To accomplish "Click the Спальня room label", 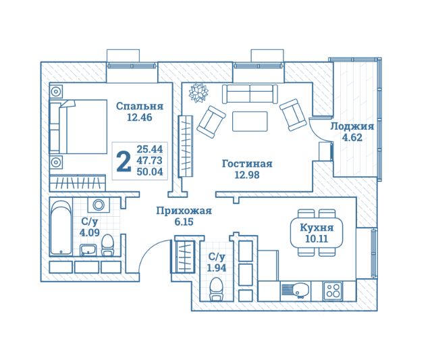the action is point(140,107).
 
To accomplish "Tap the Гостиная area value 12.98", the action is point(247,175).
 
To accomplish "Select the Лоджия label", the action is point(352,127).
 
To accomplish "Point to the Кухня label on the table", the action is point(317,228).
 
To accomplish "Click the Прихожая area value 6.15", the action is point(184,222).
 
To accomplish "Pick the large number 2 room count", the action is point(124,161).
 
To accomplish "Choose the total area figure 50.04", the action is point(150,172).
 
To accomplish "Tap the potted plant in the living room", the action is point(198,93).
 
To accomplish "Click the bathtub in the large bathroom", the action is point(61,227).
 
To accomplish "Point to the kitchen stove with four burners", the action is point(333,290).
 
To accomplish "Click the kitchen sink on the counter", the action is point(295,291).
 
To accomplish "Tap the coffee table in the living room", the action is point(250,122).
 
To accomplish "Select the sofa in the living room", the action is point(250,94).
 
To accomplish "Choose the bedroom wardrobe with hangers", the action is point(78,182).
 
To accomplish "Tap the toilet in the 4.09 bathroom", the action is point(107,246).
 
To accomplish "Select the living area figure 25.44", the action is point(150,149).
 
